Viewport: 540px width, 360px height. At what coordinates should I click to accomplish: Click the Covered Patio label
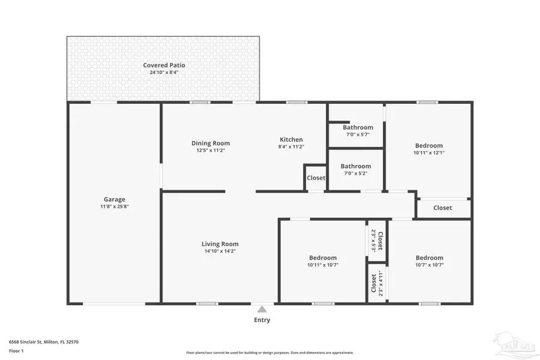164,65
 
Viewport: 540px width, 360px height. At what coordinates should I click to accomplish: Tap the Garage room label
114,199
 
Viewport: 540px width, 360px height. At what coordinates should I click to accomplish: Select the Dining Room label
211,143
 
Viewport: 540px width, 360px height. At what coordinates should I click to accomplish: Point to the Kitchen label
291,140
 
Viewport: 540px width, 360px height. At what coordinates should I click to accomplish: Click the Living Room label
220,244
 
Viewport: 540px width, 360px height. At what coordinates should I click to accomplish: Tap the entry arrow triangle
262,310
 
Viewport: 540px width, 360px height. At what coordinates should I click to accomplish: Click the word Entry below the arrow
262,320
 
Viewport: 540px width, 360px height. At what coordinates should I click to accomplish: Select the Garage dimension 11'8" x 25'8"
114,206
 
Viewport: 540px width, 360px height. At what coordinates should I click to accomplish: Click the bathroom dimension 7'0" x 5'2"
356,173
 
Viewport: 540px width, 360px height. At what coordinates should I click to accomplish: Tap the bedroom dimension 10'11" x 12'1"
429,152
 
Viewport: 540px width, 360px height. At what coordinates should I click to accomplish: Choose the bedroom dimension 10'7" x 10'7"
429,265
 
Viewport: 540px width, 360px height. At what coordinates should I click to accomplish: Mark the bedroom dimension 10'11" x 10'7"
322,265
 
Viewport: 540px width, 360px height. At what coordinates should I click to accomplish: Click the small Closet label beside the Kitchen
316,178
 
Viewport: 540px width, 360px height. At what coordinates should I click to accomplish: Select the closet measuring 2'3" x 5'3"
377,241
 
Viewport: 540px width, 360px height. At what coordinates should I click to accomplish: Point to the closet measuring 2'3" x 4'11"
377,283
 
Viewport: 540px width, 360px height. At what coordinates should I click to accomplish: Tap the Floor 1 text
16,351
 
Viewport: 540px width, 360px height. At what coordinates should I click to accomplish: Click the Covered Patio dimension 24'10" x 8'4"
164,72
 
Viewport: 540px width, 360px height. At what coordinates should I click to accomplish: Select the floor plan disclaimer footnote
270,353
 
